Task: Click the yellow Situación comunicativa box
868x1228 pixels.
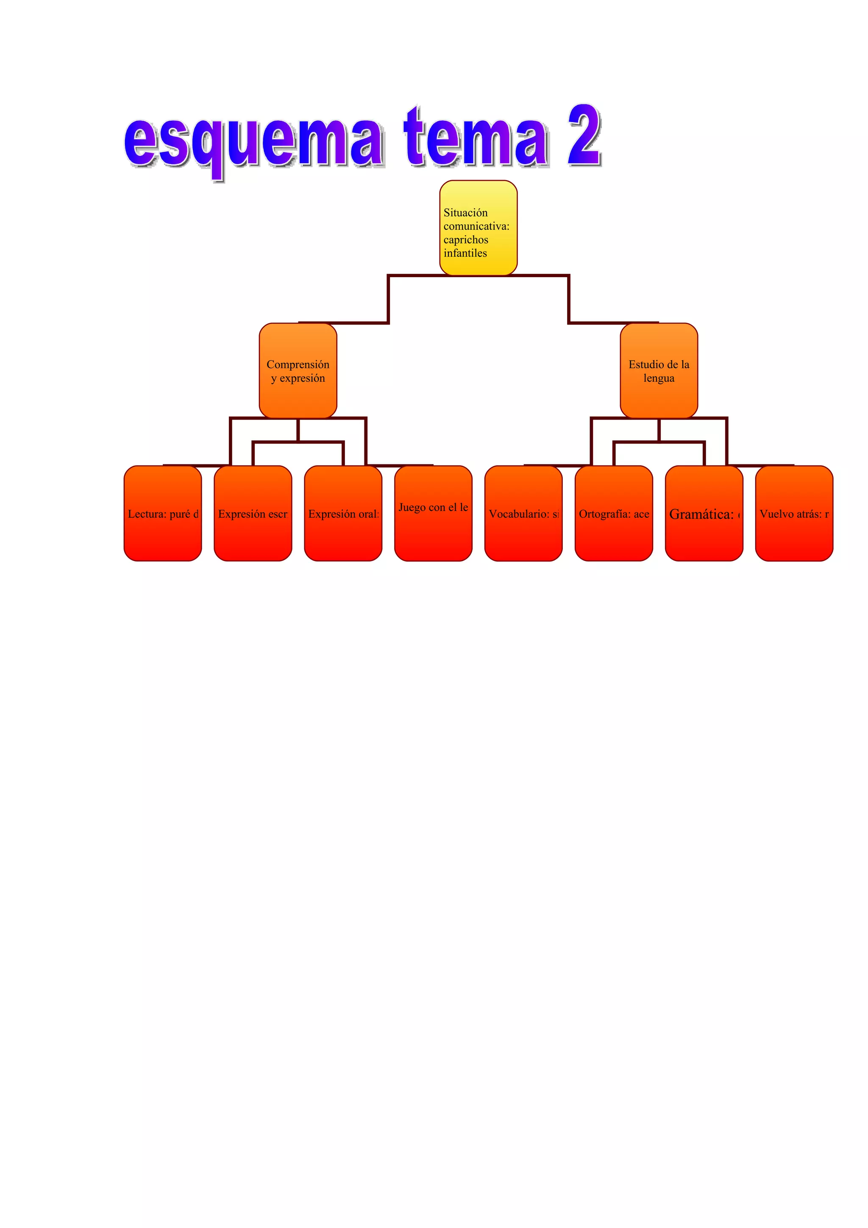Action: [x=478, y=228]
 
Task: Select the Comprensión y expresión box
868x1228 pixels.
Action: [x=298, y=371]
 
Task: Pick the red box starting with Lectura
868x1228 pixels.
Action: [x=163, y=514]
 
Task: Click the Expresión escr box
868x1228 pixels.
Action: [x=253, y=514]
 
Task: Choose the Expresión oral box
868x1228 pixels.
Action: [x=343, y=514]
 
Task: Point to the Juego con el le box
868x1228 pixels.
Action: [x=433, y=514]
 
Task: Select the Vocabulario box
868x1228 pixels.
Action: [x=523, y=514]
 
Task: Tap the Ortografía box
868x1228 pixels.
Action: [x=613, y=514]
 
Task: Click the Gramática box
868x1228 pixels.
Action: [x=704, y=514]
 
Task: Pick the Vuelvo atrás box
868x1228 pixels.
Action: [x=794, y=514]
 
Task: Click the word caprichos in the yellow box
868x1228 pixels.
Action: [x=466, y=239]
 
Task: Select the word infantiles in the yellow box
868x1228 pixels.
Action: [x=465, y=253]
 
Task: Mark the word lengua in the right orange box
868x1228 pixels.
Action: [x=659, y=378]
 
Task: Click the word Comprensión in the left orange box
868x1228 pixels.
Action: [x=298, y=364]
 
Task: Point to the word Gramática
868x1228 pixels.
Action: [x=701, y=514]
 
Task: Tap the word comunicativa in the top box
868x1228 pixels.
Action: [x=476, y=226]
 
